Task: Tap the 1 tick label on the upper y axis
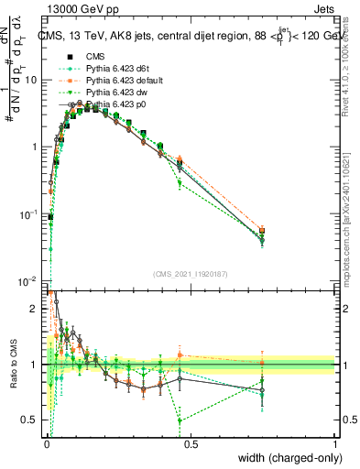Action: click(x=35, y=147)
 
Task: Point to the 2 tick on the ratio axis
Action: click(x=35, y=309)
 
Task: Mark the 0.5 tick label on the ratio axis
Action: click(x=30, y=420)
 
